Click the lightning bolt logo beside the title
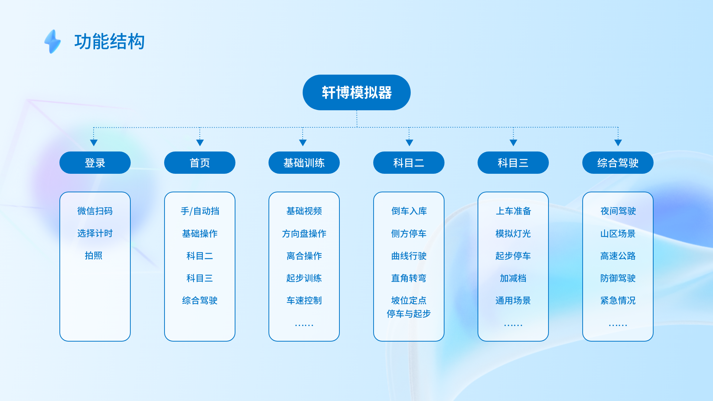tap(53, 41)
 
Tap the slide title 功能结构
tap(110, 41)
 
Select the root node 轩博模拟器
tap(356, 92)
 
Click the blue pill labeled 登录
tap(95, 163)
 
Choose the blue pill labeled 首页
tap(200, 163)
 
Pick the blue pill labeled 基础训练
tap(304, 163)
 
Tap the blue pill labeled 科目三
tap(513, 163)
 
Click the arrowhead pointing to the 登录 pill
tap(94, 143)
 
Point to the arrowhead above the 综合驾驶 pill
tap(618, 143)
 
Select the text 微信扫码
tap(95, 211)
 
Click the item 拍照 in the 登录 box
tap(94, 255)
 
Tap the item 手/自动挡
tap(200, 211)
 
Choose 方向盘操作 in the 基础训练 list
tap(304, 234)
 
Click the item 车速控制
tap(304, 300)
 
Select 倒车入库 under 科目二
tap(409, 211)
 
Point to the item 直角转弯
tap(409, 278)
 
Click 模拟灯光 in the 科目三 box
tap(513, 234)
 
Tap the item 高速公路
tap(618, 256)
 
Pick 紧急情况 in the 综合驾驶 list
tap(618, 300)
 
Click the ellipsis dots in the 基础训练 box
tap(304, 325)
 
